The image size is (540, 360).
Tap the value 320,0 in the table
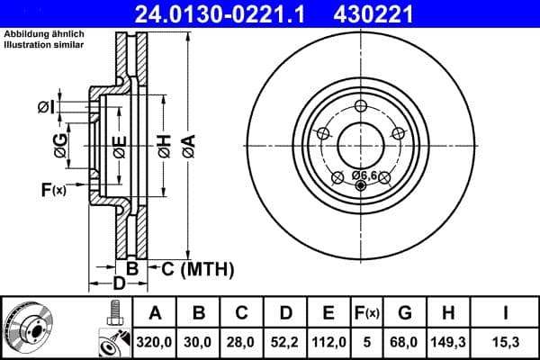tap(155, 342)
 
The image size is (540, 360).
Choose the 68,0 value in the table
tap(405, 342)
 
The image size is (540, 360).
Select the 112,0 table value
tap(328, 342)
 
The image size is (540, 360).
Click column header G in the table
tap(405, 313)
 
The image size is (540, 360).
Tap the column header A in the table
tap(155, 313)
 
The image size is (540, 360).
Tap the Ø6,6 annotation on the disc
tap(364, 174)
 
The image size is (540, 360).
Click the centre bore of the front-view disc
tap(361, 144)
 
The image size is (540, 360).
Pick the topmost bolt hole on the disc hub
tap(361, 106)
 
